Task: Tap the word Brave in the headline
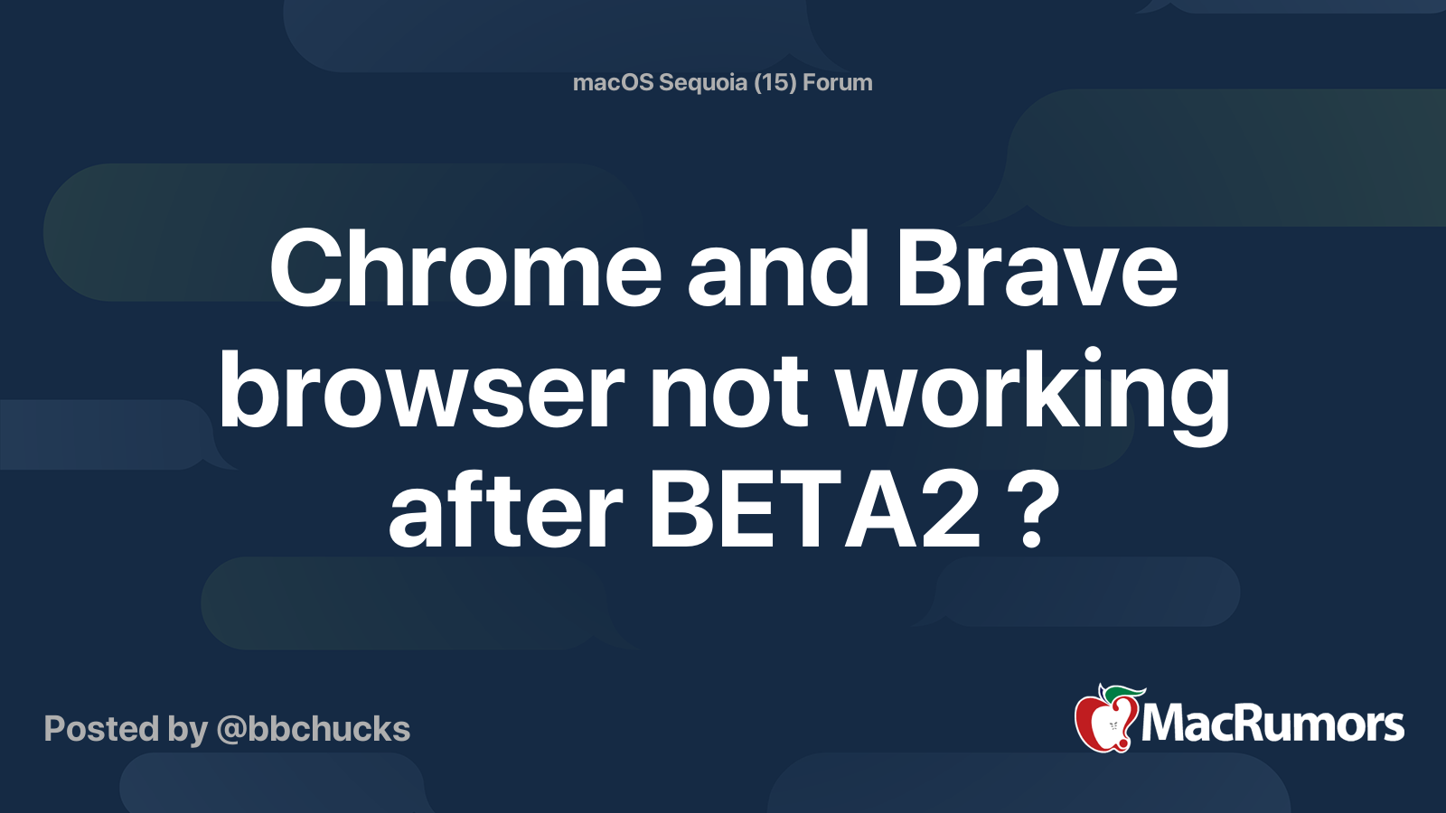coord(1037,267)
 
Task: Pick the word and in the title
coord(778,267)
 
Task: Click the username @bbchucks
coord(313,729)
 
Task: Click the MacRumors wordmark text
coord(1272,724)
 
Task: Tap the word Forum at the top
coord(837,82)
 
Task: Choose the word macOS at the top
coord(613,82)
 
